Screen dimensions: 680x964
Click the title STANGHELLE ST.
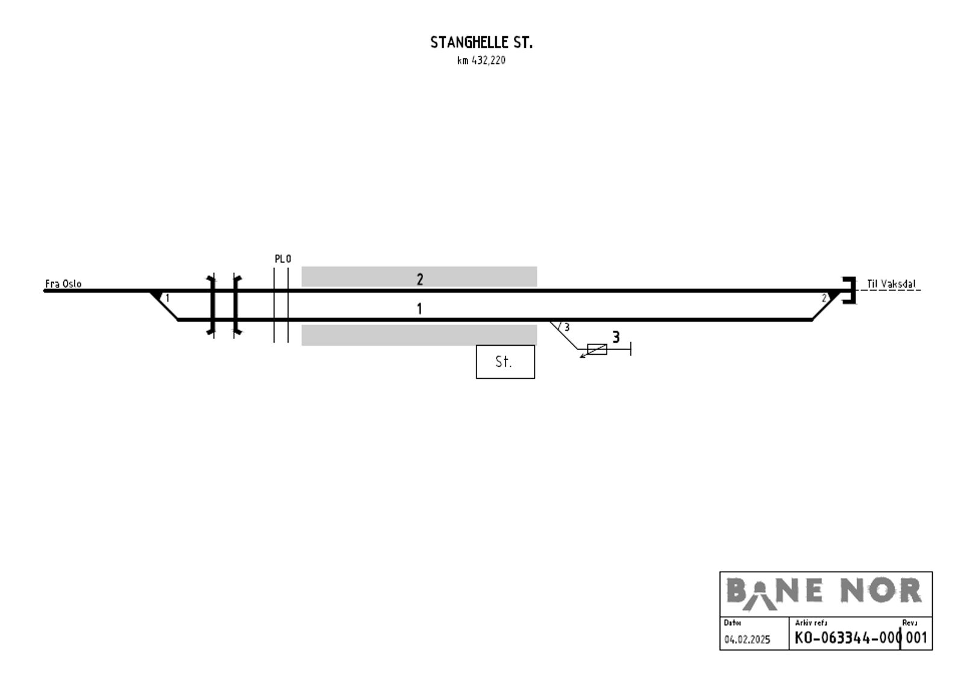click(x=481, y=43)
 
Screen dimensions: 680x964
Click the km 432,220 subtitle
click(x=481, y=60)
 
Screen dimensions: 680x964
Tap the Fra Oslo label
click(x=63, y=284)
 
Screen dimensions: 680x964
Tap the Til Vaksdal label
click(x=890, y=284)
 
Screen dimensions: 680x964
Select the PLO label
click(x=283, y=259)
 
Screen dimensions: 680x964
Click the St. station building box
click(x=505, y=361)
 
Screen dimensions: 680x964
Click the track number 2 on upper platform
click(x=420, y=279)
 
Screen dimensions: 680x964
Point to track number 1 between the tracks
click(x=419, y=309)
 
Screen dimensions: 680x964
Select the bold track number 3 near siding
click(x=616, y=337)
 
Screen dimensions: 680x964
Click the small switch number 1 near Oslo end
click(x=167, y=298)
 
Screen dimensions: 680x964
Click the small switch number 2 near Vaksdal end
click(x=824, y=298)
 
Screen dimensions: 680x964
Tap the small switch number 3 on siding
click(x=566, y=327)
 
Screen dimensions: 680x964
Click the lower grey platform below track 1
click(x=419, y=335)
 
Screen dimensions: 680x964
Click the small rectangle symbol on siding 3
click(x=596, y=349)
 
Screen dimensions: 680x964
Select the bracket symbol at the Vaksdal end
click(x=850, y=290)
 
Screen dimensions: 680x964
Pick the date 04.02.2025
click(x=747, y=640)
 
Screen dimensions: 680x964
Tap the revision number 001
click(x=916, y=638)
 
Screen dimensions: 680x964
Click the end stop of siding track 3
click(x=630, y=349)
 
